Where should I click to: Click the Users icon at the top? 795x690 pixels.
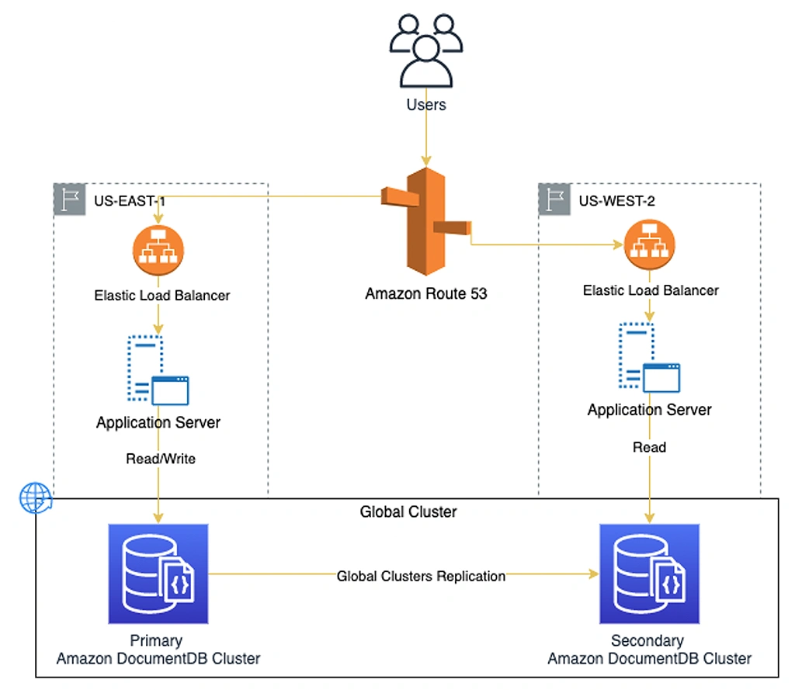coord(426,50)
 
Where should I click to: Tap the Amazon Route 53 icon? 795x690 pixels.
coord(426,221)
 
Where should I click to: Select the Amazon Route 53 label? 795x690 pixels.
coord(426,293)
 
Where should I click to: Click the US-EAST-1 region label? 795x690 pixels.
coord(130,201)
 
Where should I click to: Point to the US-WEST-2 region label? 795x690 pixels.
coord(616,201)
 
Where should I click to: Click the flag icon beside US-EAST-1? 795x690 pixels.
coord(69,199)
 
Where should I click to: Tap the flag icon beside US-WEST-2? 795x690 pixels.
coord(554,199)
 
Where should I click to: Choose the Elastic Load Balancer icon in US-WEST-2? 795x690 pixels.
coord(650,244)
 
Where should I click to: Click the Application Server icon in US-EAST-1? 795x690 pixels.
coord(158,370)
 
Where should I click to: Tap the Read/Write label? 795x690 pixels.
coord(161,459)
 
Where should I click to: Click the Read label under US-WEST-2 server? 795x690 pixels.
coord(650,447)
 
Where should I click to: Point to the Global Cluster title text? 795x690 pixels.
coord(408,512)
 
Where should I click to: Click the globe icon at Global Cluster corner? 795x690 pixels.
coord(36,498)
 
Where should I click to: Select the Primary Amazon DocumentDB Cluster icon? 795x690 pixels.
coord(158,574)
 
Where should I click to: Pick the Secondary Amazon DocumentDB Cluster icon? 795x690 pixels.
coord(650,574)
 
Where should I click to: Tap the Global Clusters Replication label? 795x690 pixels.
coord(421,576)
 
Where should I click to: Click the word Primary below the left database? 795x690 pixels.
coord(156,640)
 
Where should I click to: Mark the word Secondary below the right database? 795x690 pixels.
coord(647,640)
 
